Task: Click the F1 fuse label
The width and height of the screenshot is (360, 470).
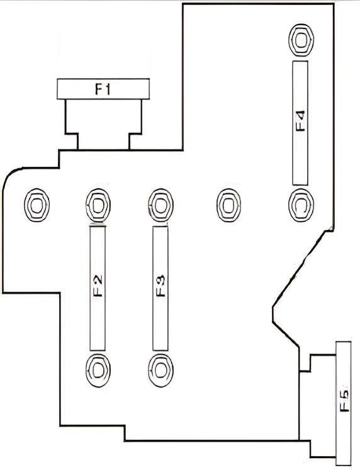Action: pos(103,89)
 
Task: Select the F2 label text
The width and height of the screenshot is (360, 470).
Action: pos(98,285)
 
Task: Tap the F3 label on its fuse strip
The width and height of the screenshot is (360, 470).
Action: pos(160,285)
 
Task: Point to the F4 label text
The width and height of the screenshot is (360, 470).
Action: pos(300,121)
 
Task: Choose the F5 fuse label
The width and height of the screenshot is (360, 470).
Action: pos(344,401)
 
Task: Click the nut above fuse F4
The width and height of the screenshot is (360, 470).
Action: pos(301,40)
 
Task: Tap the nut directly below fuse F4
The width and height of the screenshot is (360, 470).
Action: pos(301,205)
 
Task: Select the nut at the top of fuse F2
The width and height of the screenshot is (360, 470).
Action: pos(98,205)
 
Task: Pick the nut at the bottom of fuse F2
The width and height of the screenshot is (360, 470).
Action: pos(98,370)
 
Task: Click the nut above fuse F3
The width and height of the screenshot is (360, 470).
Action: pos(160,205)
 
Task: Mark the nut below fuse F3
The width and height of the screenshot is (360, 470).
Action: pos(160,370)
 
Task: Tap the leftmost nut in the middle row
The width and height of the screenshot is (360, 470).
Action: pos(37,205)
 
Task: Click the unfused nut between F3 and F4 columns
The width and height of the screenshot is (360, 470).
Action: pos(228,205)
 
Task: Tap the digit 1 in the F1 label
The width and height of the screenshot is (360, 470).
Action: pos(108,89)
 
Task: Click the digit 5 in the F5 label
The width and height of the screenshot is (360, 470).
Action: pos(344,394)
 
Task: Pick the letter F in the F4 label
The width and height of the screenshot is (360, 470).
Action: pos(300,127)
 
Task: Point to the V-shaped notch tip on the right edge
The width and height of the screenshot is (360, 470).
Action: pos(273,307)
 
